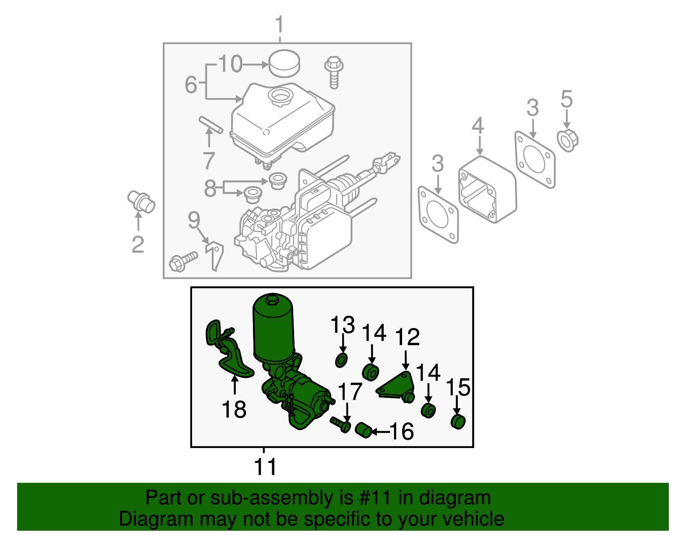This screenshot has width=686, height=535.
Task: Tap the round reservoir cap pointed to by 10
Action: click(284, 63)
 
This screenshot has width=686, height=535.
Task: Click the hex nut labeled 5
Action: click(567, 139)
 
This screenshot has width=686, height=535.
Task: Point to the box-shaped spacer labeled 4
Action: click(487, 189)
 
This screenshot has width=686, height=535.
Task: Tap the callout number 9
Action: click(194, 220)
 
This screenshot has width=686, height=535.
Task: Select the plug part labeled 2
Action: click(141, 202)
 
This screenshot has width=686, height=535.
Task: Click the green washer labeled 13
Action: click(341, 360)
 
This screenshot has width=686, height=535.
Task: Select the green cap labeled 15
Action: click(458, 421)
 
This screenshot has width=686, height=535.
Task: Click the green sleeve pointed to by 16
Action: click(364, 430)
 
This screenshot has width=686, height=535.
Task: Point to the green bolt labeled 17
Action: click(341, 424)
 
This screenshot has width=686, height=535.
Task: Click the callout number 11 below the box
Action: click(265, 467)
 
